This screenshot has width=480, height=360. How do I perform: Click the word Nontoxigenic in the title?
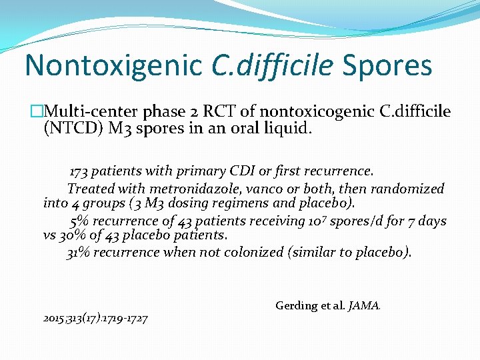tap(113, 65)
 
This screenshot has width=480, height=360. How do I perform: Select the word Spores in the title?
tap(387, 65)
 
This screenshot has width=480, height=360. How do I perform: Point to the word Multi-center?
tap(87, 111)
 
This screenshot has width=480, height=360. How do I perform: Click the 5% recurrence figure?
tap(79, 221)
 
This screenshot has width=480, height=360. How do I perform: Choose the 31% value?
tap(77, 252)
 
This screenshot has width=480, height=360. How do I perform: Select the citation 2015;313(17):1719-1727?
tap(95, 318)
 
